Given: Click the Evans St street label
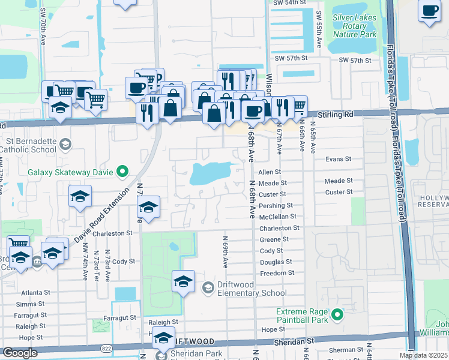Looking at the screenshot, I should click(x=338, y=160).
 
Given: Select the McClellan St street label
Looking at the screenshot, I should click(x=279, y=217).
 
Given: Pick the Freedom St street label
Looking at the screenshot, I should click(x=277, y=273).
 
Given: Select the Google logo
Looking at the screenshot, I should click(x=20, y=353).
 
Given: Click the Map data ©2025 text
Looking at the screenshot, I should click(x=423, y=355).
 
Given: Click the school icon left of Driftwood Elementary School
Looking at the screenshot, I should click(x=184, y=281).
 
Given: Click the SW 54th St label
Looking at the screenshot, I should click(x=290, y=3).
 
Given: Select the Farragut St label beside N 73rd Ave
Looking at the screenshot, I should click(x=119, y=317).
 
